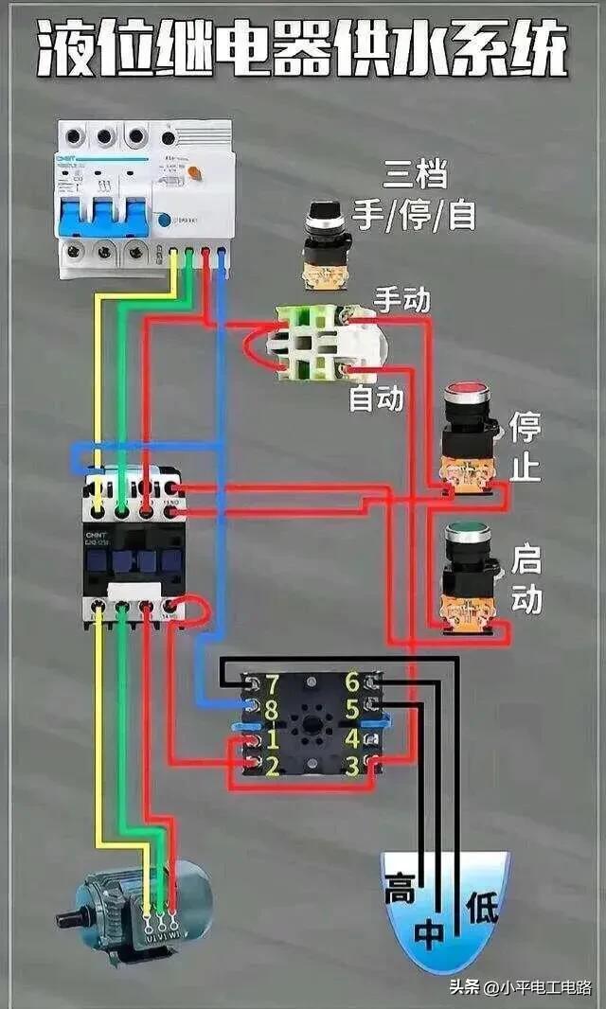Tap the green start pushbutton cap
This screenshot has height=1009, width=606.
coord(468,531)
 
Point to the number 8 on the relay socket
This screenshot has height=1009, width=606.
coord(272,707)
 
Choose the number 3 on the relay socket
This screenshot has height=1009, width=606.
coord(352,763)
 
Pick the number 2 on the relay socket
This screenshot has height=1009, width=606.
coord(272,765)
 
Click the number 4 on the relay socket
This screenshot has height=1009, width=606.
coord(352,736)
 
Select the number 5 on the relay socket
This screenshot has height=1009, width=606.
coord(352,708)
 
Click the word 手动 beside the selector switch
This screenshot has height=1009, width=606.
coord(401,300)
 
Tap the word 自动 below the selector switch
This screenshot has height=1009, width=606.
coord(376,397)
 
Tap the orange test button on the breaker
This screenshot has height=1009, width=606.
coord(196,172)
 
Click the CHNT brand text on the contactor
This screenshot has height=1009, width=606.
coord(98,535)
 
